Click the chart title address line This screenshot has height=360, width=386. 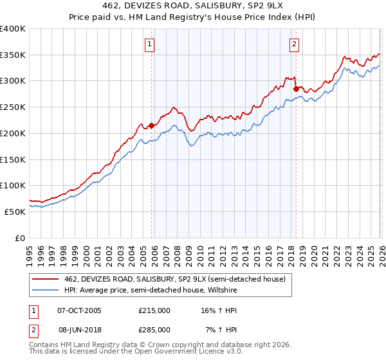[193, 5]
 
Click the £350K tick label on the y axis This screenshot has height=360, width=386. [13, 55]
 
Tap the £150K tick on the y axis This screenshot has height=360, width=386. [13, 159]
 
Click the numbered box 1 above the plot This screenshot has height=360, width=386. [149, 44]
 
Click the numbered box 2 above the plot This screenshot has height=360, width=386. [294, 44]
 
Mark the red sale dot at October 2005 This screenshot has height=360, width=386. [152, 125]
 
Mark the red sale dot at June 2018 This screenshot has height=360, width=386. [296, 89]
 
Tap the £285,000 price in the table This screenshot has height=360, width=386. [154, 329]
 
